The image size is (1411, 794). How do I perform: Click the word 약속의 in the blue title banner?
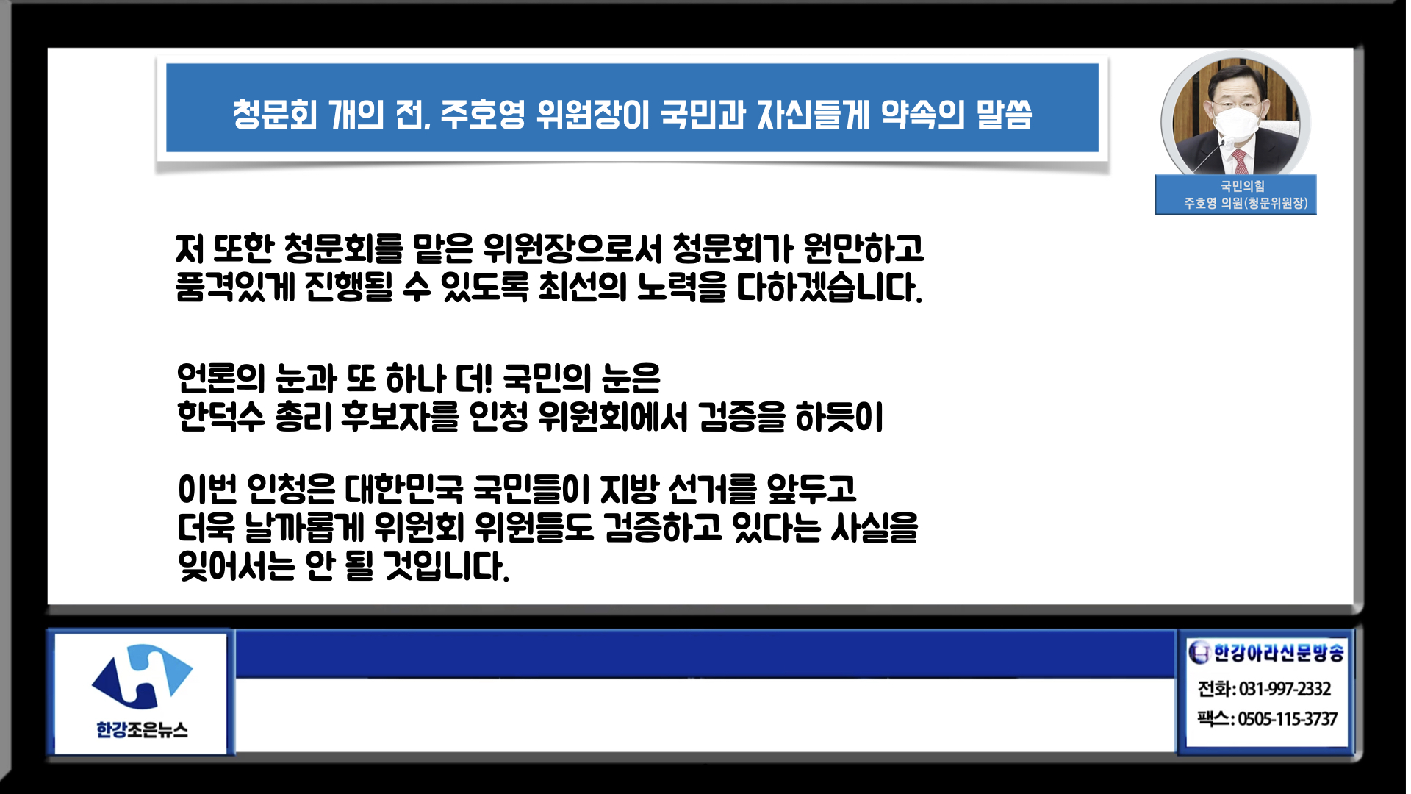click(x=922, y=114)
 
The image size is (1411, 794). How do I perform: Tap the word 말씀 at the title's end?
click(x=1004, y=114)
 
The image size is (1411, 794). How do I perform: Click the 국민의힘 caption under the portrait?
click(x=1243, y=186)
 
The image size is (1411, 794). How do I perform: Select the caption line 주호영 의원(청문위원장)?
click(x=1246, y=203)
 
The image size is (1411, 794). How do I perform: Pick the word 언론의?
click(x=221, y=379)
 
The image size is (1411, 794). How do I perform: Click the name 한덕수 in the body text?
click(x=221, y=417)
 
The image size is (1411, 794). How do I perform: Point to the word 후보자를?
click(x=401, y=417)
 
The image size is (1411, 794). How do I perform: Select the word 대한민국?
click(x=404, y=489)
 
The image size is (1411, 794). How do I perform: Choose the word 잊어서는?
click(x=237, y=565)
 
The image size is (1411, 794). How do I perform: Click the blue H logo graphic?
click(x=142, y=676)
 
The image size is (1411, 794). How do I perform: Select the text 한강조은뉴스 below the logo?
click(x=142, y=730)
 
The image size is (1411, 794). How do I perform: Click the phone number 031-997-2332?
click(x=1285, y=689)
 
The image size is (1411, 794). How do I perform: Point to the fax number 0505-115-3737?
click(x=1288, y=719)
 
